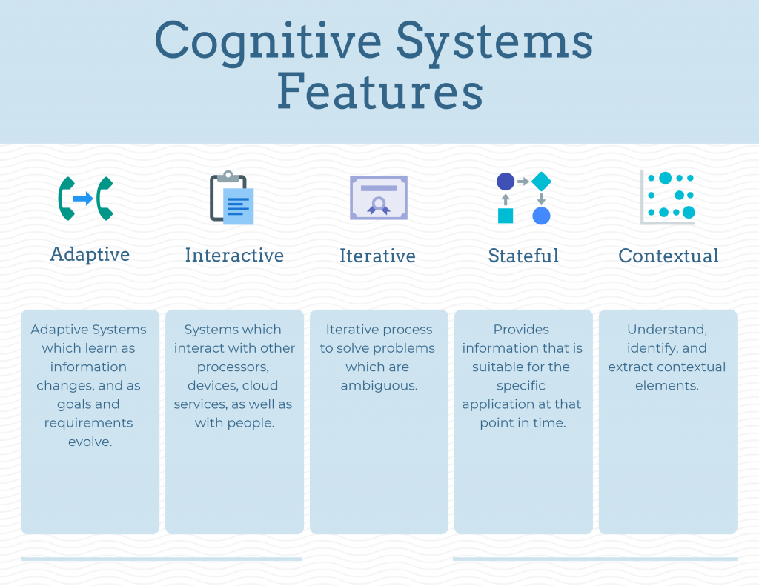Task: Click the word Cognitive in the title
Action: coord(264,43)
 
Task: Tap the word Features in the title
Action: coord(379,93)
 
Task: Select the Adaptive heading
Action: coord(90,254)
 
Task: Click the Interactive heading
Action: coord(234,256)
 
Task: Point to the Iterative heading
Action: coord(377,256)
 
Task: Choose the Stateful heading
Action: coord(523,256)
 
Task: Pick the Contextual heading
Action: coord(669,256)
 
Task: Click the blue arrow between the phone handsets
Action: coord(84,199)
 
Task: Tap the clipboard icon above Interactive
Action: coord(232,198)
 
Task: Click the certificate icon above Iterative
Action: coord(378,198)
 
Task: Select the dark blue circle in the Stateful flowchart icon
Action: coord(506,182)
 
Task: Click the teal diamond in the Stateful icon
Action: coord(541,182)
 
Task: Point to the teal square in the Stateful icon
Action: coord(506,216)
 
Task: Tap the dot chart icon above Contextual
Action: coord(668,197)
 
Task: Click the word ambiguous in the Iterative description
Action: coord(377,385)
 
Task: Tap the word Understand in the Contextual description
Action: coord(666,329)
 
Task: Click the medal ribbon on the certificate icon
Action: coord(379,207)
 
